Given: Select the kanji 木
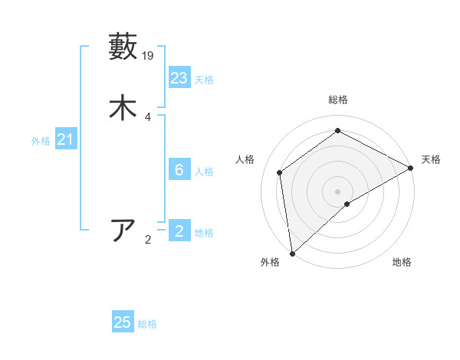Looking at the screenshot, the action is coord(123,108).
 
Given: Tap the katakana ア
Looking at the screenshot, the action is coord(123,231).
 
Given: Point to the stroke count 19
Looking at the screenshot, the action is coord(149,55).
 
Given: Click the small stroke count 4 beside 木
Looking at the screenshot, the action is coord(148,116).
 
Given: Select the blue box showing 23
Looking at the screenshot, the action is coord(179,77).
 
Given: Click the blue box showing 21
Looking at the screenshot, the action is coord(65,139).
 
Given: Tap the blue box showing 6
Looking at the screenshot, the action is coord(179,170).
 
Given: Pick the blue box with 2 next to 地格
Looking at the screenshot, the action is coord(179,231).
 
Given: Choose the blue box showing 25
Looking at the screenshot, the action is coord(123,322).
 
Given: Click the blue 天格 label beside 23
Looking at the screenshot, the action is coord(204,80).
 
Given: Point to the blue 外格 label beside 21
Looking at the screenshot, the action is coord(41,141).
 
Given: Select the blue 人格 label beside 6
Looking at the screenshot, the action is coord(204,172).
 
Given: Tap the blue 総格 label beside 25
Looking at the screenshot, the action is coord(147,324).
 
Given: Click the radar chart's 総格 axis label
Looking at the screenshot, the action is coord(338,100).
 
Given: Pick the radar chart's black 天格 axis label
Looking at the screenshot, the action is coord(431,159).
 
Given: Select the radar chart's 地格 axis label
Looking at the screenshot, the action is coord(402,263).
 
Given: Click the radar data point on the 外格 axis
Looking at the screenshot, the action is coord(292,254).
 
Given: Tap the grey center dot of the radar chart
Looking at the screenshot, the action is coord(338,191).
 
